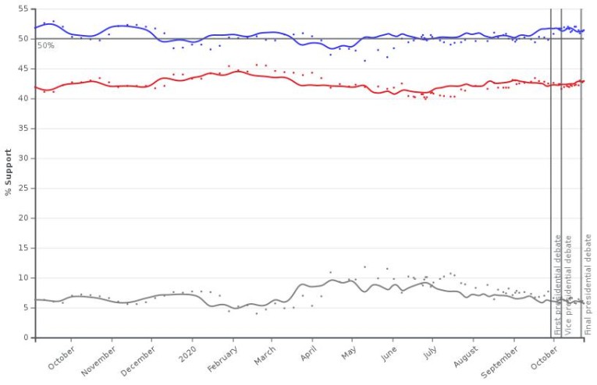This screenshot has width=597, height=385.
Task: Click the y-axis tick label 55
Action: (x=24, y=9)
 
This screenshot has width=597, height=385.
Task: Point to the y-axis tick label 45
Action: (x=24, y=69)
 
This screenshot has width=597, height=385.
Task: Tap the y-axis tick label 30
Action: (x=24, y=158)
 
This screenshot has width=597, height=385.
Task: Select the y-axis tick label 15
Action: (x=24, y=248)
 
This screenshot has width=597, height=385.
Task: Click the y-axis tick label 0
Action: (x=27, y=337)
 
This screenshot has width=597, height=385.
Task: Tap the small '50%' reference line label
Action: (x=46, y=46)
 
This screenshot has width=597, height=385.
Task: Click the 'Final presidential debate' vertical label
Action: (x=588, y=284)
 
